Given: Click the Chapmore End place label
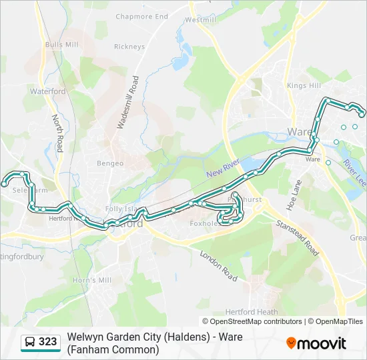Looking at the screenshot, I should click(141, 17).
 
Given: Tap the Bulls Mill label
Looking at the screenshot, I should click(62, 45).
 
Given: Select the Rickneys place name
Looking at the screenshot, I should click(129, 47).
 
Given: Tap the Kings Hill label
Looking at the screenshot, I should click(304, 86).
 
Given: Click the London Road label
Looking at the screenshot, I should click(218, 265).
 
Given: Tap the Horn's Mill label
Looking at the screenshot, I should click(92, 281).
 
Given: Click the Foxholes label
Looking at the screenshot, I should click(205, 225).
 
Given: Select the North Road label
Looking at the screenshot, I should click(57, 133).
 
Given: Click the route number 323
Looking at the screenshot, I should click(48, 342).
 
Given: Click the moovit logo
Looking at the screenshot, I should click(316, 343).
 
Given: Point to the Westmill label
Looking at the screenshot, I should click(201, 20).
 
